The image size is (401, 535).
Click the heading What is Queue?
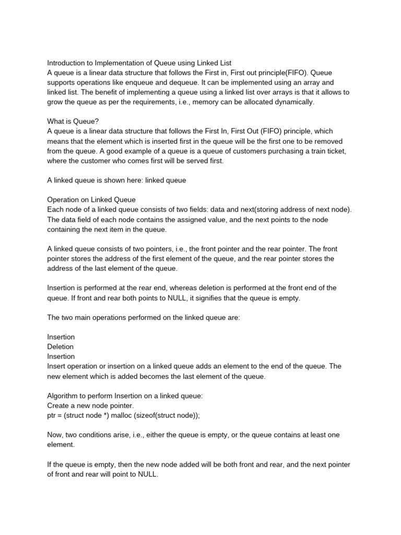coord(73,121)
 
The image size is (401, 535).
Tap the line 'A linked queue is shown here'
coord(116,180)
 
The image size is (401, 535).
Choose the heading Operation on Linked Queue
coord(91,200)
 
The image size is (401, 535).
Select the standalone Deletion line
coord(61,346)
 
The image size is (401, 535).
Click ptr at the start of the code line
coord(52,415)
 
